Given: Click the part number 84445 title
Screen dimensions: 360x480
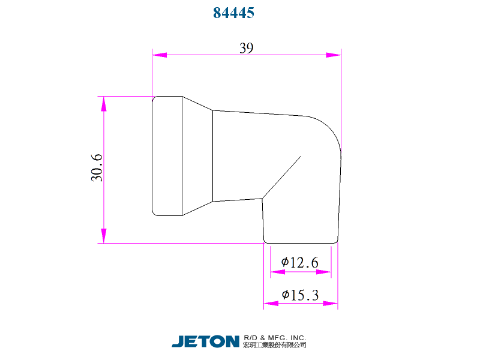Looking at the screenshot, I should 234,13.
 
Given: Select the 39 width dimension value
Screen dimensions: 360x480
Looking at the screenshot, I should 246,49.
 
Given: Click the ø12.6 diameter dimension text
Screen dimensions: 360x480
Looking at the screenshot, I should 299,262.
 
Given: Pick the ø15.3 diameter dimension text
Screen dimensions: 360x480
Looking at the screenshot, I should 299,295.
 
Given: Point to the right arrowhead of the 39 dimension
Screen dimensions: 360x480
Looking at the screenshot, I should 334,55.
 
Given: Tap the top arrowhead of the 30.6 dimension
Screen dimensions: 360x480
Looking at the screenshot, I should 104,104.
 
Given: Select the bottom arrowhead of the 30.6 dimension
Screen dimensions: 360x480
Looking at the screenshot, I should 104,235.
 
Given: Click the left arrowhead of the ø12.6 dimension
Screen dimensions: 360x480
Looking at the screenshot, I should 277,272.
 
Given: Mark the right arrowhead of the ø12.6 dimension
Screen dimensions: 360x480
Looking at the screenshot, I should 324,272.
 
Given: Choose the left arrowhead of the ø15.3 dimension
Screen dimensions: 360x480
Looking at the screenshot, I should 271,304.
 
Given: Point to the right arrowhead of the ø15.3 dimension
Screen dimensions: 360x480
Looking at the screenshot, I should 331,304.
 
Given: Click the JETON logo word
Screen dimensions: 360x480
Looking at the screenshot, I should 206,341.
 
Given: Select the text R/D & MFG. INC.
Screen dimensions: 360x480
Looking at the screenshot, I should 275,337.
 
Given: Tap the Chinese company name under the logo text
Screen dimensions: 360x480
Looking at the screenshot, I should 275,345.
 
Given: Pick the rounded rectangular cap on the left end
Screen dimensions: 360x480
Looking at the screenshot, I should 167,155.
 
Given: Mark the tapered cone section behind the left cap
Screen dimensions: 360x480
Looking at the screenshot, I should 197,155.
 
